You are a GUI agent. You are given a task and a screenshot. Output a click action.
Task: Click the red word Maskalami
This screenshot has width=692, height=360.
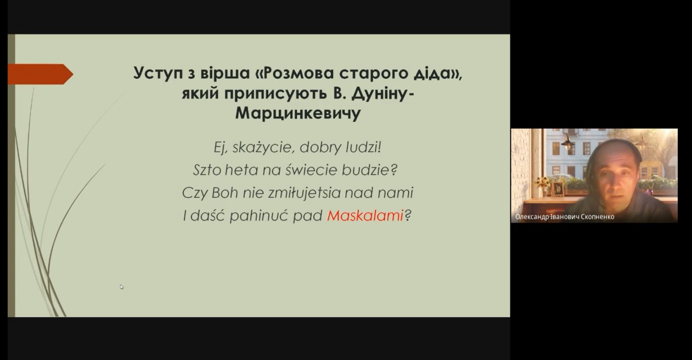tap(365, 215)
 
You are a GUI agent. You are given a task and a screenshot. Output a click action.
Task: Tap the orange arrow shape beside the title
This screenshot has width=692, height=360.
tap(40, 74)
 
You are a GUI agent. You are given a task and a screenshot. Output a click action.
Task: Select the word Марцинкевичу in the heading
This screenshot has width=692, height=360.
tap(298, 113)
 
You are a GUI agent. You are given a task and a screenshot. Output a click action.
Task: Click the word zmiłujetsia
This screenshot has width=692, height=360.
tap(304, 193)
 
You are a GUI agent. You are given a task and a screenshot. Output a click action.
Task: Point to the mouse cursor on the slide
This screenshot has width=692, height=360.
tap(122, 287)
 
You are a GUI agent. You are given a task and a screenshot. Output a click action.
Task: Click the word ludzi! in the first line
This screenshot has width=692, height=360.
tap(363, 147)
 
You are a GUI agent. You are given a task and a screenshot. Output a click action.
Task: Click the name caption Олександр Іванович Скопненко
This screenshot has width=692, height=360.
tap(565, 217)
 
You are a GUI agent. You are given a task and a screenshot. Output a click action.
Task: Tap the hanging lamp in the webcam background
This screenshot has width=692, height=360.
tap(567, 143)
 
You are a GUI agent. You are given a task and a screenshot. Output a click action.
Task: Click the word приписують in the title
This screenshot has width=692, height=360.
tap(276, 93)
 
